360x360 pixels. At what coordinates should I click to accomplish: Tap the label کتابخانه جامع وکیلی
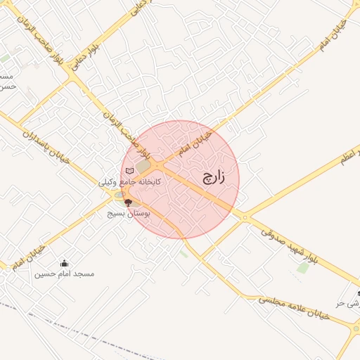click(130, 181)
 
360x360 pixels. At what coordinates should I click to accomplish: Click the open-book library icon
click(129, 170)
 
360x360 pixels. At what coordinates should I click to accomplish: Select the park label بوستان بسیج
click(125, 212)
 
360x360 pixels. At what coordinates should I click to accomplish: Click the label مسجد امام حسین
click(65, 273)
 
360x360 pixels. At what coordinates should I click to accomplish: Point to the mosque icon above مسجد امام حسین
click(65, 263)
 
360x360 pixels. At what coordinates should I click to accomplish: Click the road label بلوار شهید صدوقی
click(289, 240)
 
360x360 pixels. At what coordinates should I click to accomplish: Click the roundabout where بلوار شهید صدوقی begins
click(245, 218)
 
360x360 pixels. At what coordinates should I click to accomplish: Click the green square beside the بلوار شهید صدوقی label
click(303, 267)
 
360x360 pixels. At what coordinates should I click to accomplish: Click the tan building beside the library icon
click(144, 167)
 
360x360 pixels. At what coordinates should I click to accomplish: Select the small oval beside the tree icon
click(120, 195)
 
